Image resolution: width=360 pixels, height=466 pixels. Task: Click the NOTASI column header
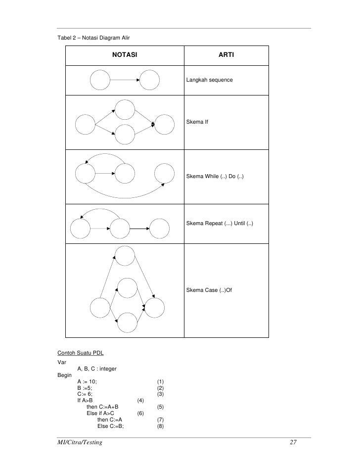[125, 53]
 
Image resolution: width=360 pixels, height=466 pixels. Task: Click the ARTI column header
[226, 53]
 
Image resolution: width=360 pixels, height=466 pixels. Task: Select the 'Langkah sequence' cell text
[206, 80]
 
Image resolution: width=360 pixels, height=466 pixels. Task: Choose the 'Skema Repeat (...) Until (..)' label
[220, 224]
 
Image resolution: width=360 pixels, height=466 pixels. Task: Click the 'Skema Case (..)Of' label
[209, 289]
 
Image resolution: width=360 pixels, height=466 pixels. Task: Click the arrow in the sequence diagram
[125, 80]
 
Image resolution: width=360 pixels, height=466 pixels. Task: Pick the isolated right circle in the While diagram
[164, 173]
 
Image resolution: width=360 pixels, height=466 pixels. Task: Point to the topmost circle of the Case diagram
[125, 254]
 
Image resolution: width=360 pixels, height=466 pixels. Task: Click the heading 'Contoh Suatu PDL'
[80, 353]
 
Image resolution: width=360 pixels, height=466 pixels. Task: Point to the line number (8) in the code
[160, 426]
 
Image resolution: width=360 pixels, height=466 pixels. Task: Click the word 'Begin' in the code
[64, 375]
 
